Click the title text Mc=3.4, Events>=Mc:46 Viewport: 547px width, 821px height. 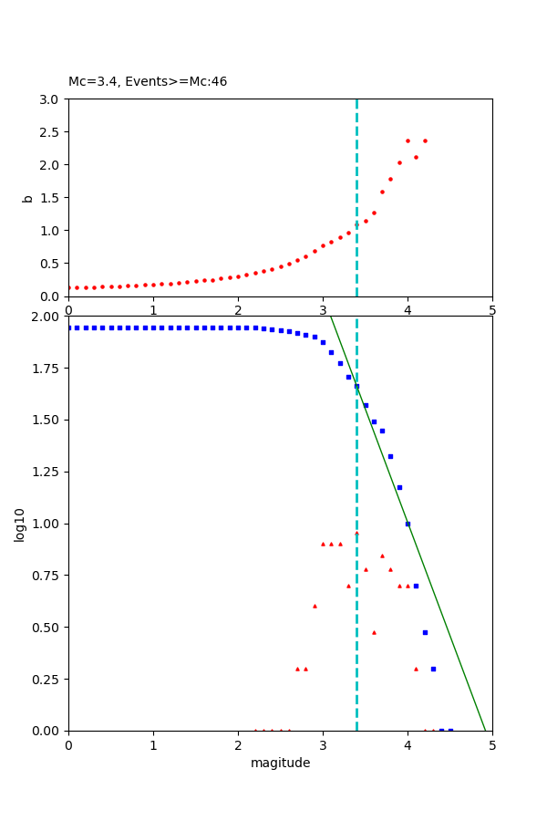(148, 82)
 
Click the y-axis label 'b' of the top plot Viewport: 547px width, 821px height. (27, 198)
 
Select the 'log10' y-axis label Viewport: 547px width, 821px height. (20, 524)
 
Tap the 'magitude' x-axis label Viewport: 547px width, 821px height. (280, 764)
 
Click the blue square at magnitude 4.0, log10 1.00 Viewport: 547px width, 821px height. (408, 524)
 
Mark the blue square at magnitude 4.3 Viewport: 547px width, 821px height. (433, 669)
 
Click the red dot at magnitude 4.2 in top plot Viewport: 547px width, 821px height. (425, 140)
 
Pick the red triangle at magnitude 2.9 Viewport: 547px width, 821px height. (315, 606)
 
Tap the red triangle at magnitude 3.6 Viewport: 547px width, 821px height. (374, 632)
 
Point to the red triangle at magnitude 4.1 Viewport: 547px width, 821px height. (416, 669)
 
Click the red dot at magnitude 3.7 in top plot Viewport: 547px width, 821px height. (382, 192)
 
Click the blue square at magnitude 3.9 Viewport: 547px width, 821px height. (399, 487)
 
